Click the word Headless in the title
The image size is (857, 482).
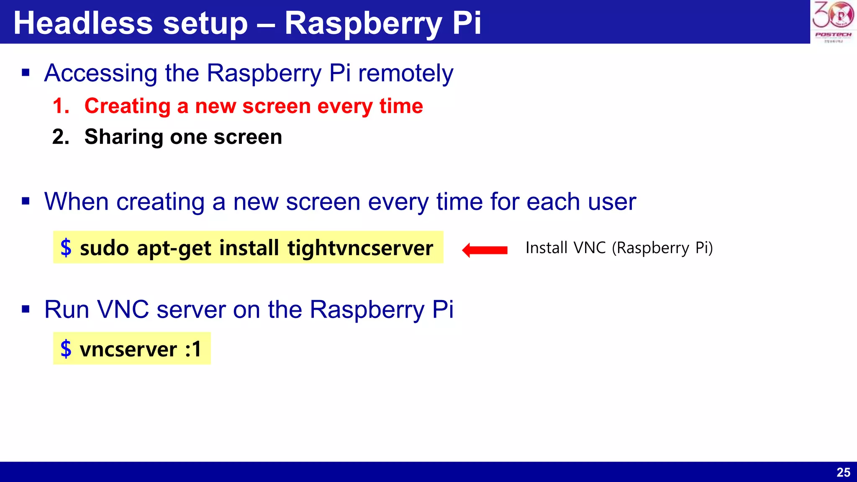pyautogui.click(x=83, y=23)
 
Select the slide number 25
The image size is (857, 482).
pyautogui.click(x=843, y=472)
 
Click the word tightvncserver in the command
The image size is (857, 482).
pyautogui.click(x=360, y=248)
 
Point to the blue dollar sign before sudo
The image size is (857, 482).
pyautogui.click(x=66, y=248)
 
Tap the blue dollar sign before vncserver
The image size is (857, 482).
pyautogui.click(x=66, y=349)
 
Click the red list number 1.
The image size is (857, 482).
pyautogui.click(x=61, y=106)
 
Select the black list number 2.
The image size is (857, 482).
pyautogui.click(x=61, y=137)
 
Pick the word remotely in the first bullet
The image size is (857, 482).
pyautogui.click(x=405, y=73)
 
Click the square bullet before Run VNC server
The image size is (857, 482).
pyautogui.click(x=26, y=310)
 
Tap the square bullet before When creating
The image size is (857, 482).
pyautogui.click(x=26, y=202)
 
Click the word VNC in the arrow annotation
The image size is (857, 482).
pyautogui.click(x=589, y=248)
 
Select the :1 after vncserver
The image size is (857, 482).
pyautogui.click(x=193, y=349)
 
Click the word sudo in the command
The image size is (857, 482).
pyautogui.click(x=104, y=248)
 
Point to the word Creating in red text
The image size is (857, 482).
pyautogui.click(x=127, y=106)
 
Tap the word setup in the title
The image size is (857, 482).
pyautogui.click(x=205, y=24)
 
